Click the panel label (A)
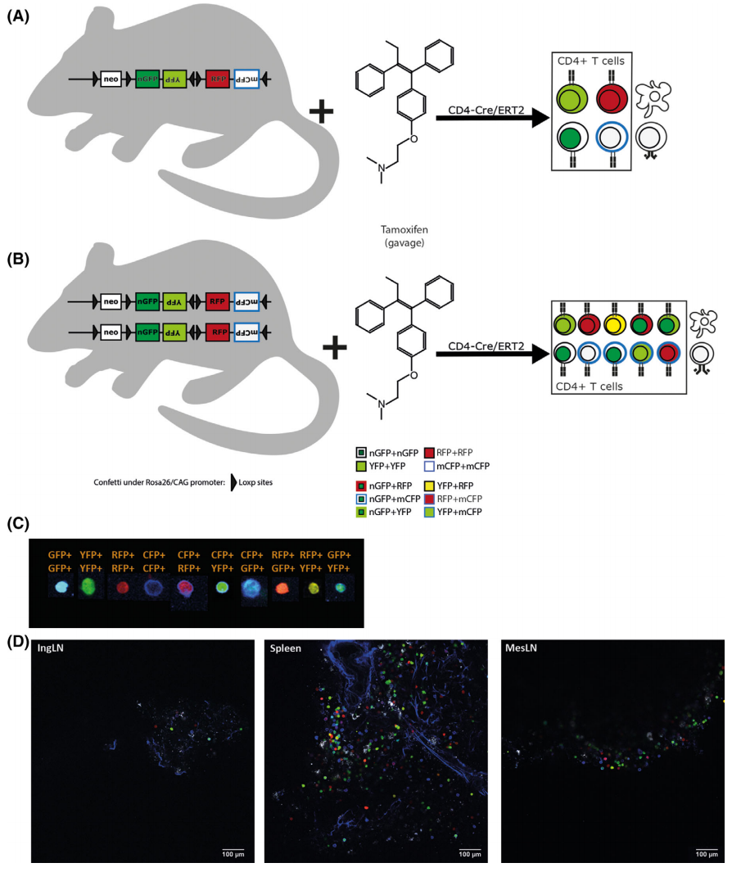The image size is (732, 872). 18,16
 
